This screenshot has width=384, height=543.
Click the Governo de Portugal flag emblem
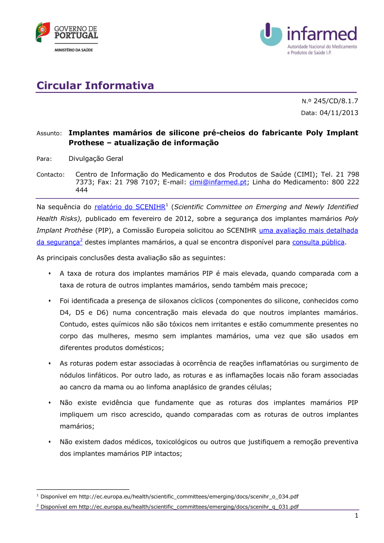pos(43,32)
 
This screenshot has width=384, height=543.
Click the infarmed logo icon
pos(271,34)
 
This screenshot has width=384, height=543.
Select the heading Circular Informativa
pos(95,85)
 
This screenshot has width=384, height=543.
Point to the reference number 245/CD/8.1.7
pos(336,101)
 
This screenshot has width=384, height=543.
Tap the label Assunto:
pos(49,133)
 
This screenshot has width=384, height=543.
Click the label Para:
pos(44,159)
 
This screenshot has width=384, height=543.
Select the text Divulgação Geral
pos(96,159)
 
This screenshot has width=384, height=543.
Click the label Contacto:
pos(51,175)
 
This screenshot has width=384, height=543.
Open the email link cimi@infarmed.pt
pos(218,182)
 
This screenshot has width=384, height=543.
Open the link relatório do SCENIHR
pos(130,207)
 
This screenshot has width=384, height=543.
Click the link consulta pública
pos(318,242)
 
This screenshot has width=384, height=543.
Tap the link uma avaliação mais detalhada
pos(308,230)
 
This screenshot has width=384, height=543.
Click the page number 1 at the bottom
pos(356,515)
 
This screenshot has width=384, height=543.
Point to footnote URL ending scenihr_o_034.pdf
pos(189,497)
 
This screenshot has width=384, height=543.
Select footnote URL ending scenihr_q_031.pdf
pos(189,507)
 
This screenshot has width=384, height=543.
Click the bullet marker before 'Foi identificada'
pos(50,301)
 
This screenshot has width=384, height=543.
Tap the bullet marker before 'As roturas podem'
pos(50,363)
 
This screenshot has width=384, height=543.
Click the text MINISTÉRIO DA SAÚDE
pos(74,50)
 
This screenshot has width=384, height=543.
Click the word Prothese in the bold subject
pos(86,143)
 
